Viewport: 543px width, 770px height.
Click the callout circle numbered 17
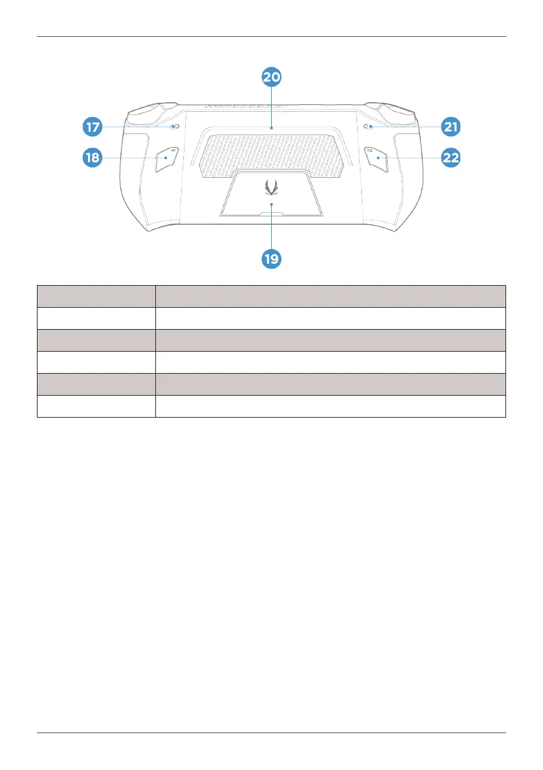pyautogui.click(x=93, y=127)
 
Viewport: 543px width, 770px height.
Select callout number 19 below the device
pyautogui.click(x=272, y=259)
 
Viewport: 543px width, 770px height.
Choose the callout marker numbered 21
pyautogui.click(x=450, y=127)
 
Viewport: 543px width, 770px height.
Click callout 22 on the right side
pyautogui.click(x=450, y=157)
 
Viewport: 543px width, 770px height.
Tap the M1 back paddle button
pyautogui.click(x=166, y=160)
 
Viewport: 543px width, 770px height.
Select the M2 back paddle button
pyautogui.click(x=377, y=160)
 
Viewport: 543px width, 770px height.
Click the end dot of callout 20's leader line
pyautogui.click(x=272, y=128)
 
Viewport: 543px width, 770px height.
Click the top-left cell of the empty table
pyautogui.click(x=96, y=296)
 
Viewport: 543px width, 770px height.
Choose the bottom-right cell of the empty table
pyautogui.click(x=330, y=406)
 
